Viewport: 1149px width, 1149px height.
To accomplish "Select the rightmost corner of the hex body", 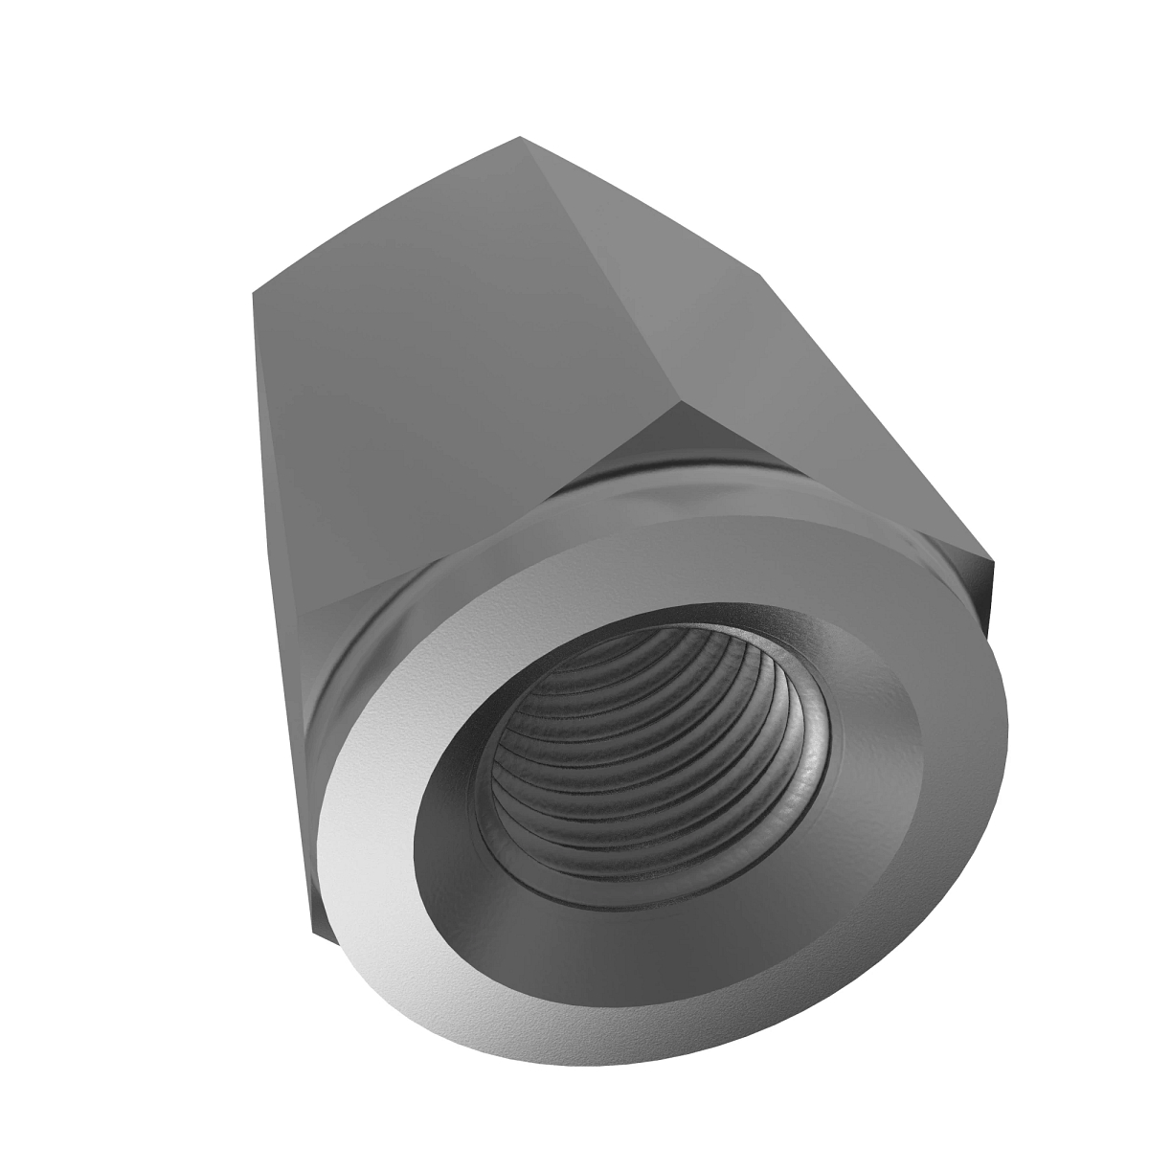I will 994,563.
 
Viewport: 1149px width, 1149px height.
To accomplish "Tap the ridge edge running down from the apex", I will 603,268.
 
